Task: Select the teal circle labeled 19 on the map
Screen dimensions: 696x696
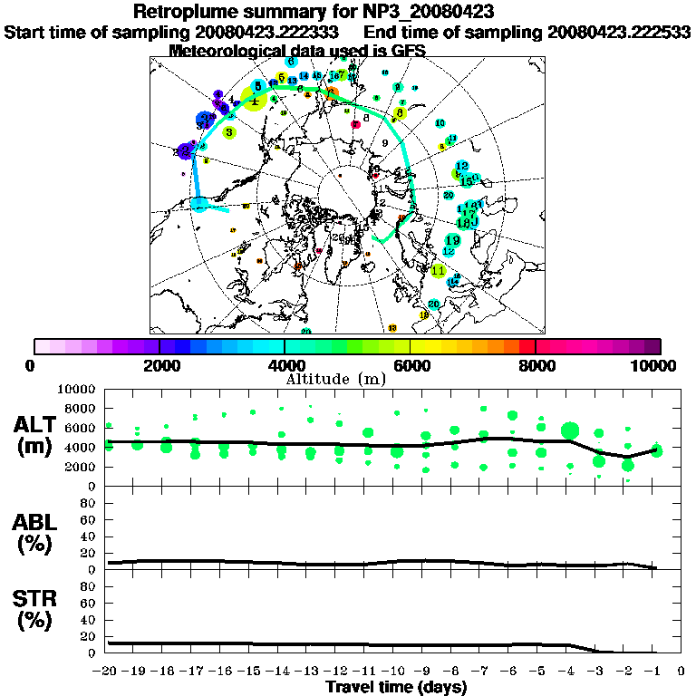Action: pos(452,240)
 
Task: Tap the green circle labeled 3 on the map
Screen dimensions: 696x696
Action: pos(230,132)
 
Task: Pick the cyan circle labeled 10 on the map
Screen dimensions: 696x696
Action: pos(440,123)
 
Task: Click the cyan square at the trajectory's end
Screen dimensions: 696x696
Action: pos(199,205)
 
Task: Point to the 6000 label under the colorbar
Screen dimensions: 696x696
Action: pos(410,365)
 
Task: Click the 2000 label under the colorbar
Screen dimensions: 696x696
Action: pos(159,365)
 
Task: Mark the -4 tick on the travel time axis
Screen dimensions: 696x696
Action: pos(568,672)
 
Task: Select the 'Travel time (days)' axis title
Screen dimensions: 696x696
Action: pos(396,687)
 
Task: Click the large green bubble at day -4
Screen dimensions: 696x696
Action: pos(570,430)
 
